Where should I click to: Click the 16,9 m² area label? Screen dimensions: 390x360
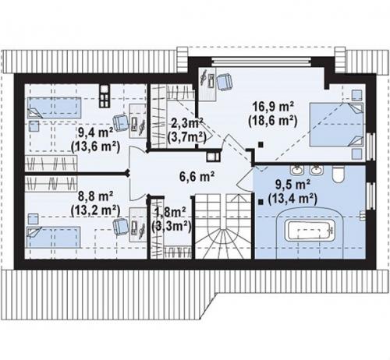point(273,106)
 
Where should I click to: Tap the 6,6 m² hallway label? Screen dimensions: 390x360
point(197,177)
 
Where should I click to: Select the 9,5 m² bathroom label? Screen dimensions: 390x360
point(292,185)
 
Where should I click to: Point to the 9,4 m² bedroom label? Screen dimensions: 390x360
point(95,133)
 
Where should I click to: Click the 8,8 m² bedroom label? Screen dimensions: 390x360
point(95,196)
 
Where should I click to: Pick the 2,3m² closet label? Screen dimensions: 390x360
point(187,123)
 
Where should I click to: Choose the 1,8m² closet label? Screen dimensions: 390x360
point(170,212)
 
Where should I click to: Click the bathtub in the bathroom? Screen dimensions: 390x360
point(310,231)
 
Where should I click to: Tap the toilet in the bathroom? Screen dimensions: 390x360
point(339,175)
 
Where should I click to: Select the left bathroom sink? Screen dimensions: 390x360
point(297,170)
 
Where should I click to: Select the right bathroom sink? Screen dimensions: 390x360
point(316,170)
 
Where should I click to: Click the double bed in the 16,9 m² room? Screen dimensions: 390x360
point(336,125)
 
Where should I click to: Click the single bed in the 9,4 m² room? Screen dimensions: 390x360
point(54,108)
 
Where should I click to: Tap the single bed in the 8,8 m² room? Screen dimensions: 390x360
point(53,237)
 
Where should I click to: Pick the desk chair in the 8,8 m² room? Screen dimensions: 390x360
point(121,227)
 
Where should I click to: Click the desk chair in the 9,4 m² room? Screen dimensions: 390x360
point(121,122)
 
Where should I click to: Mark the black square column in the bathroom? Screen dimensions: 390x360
point(261,202)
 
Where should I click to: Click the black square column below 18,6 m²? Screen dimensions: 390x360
point(261,144)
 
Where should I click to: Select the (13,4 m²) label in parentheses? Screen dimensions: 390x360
point(292,199)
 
